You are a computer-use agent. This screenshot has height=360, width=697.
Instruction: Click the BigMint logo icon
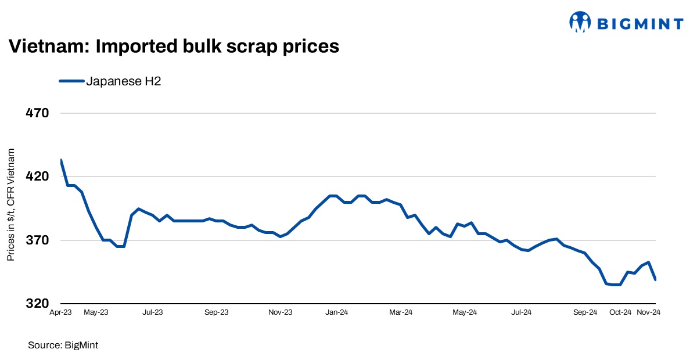click(580, 23)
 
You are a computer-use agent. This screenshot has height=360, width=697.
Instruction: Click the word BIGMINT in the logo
click(640, 24)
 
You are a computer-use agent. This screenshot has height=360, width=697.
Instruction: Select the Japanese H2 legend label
click(123, 81)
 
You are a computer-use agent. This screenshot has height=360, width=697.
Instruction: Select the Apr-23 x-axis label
click(60, 312)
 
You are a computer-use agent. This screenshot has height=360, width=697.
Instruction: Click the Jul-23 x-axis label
click(152, 312)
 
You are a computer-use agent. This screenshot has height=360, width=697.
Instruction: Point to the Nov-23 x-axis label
click(280, 312)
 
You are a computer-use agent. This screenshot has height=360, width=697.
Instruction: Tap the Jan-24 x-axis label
click(337, 312)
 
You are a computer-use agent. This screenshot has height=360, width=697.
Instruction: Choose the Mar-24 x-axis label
click(401, 312)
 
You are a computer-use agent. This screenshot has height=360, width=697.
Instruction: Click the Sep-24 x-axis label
click(585, 312)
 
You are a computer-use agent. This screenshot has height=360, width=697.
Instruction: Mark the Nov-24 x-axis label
click(649, 312)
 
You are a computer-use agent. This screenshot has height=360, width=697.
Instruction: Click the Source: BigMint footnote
click(63, 345)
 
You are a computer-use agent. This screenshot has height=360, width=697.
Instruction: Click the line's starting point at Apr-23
click(60, 160)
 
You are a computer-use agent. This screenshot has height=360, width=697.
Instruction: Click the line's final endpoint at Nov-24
click(655, 280)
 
